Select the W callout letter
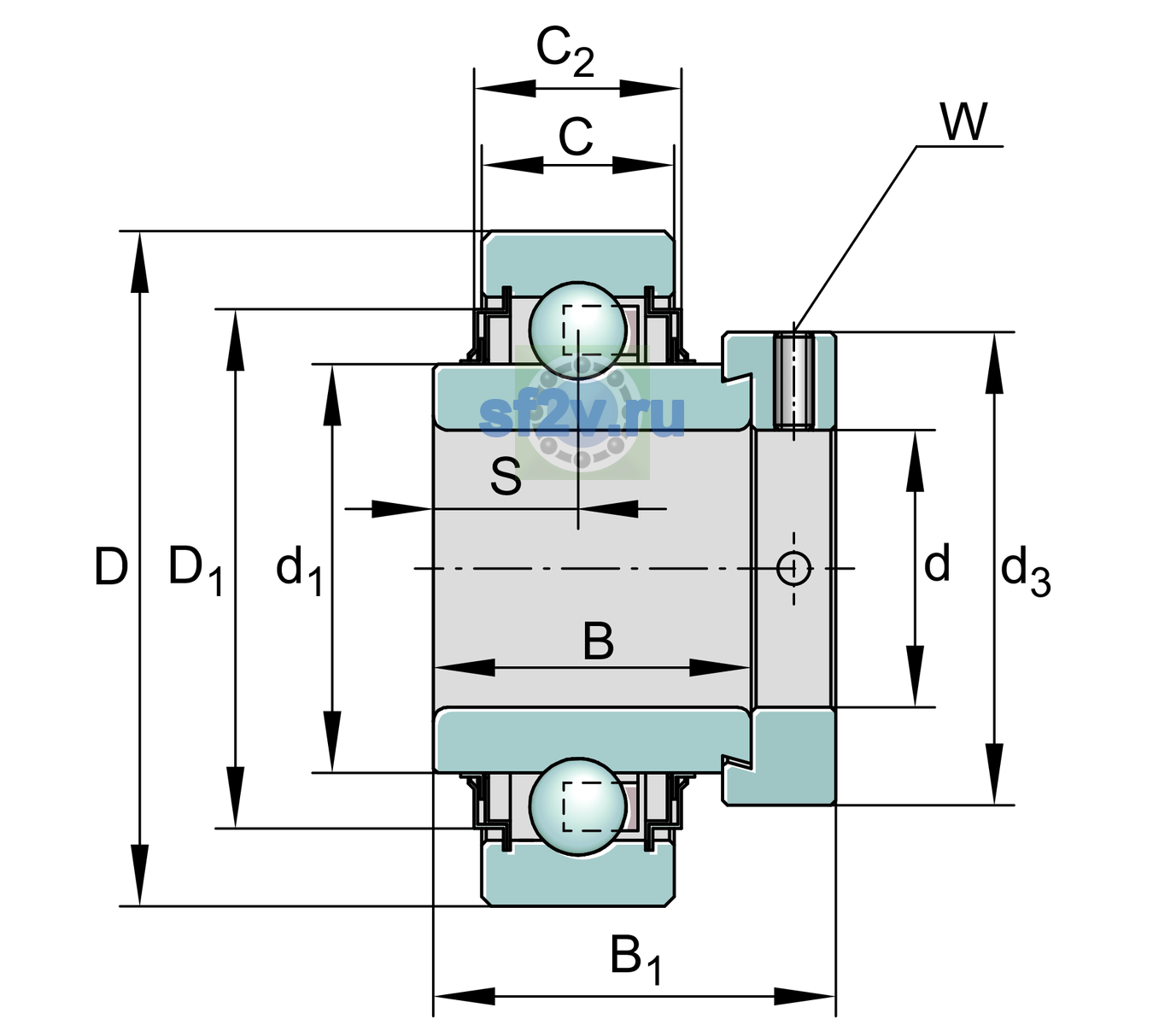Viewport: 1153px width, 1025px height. click(963, 121)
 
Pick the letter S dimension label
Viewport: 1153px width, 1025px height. click(506, 476)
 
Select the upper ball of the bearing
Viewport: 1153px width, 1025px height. click(577, 330)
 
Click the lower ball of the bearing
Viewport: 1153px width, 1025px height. click(577, 805)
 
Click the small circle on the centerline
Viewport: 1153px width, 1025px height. click(793, 569)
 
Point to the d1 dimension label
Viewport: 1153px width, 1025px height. click(299, 570)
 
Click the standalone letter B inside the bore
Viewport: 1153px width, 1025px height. click(598, 641)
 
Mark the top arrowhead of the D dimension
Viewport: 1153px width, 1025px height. click(139, 261)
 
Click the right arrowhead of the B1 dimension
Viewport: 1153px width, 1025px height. click(805, 997)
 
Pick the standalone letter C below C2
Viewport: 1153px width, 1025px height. click(576, 137)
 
